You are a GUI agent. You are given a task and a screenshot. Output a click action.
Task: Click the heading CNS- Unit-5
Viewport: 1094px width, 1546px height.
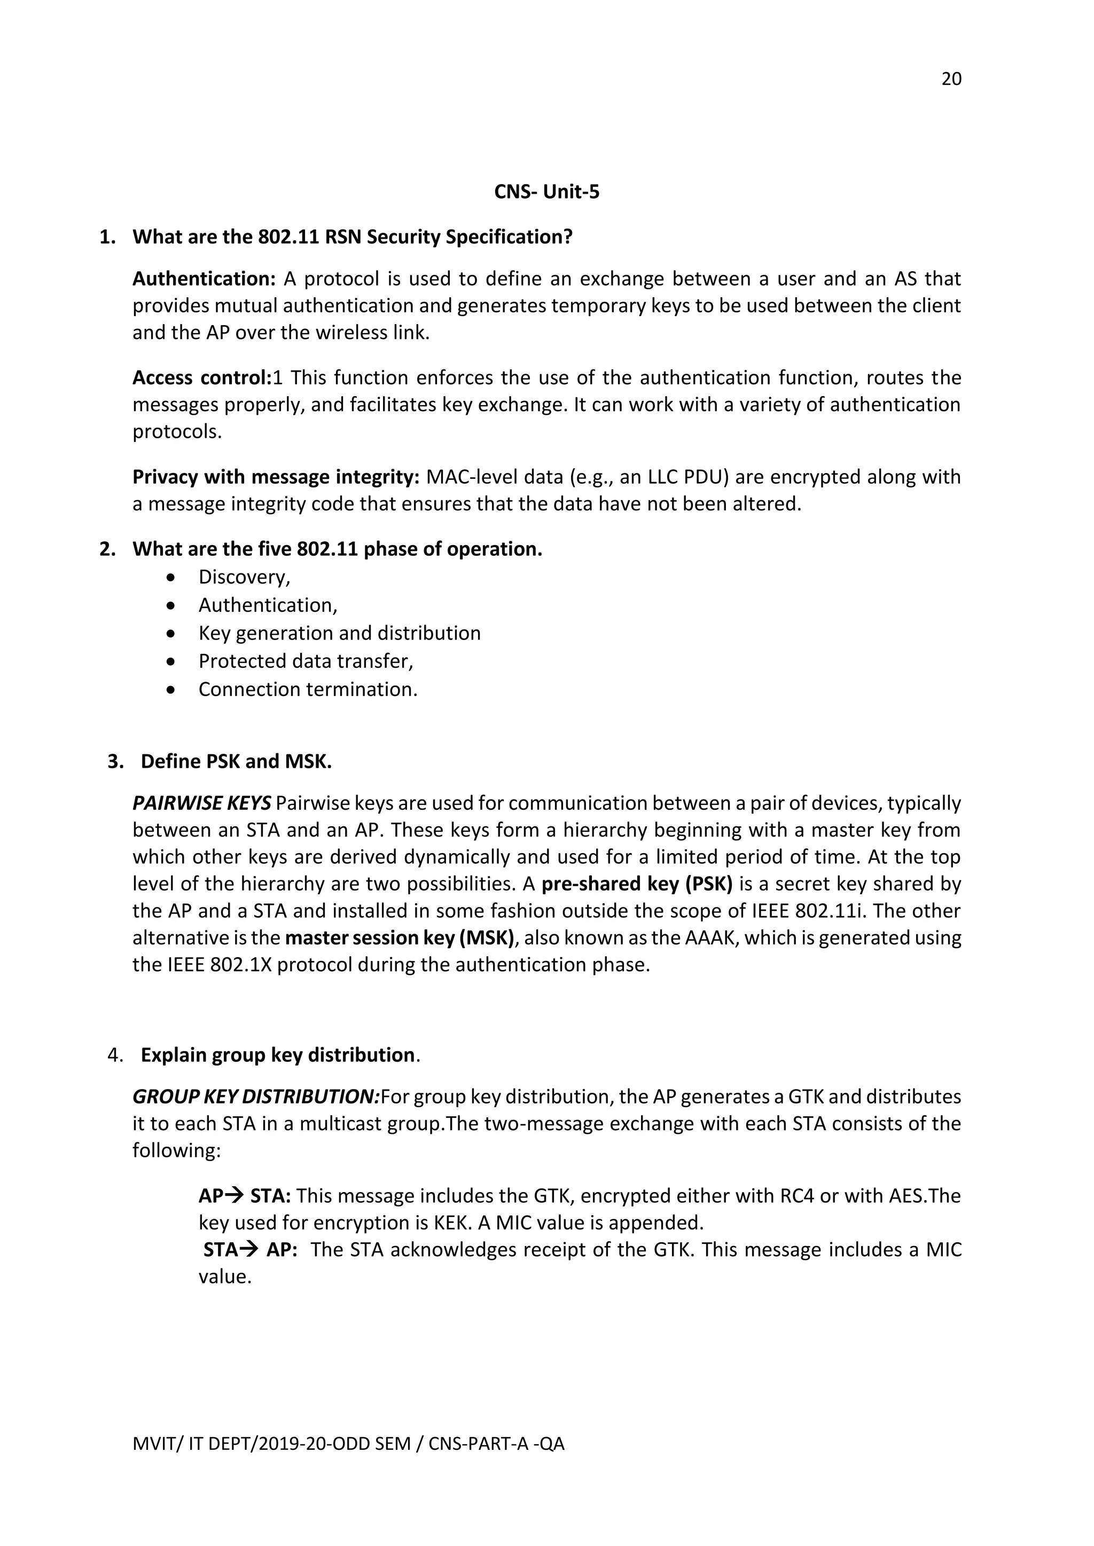click(546, 193)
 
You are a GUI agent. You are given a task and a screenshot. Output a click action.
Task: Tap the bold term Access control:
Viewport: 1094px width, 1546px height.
click(201, 378)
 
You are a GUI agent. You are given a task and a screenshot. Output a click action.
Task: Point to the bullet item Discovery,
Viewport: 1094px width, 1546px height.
click(244, 577)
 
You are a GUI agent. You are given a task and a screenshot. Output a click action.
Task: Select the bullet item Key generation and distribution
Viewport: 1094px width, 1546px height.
click(339, 633)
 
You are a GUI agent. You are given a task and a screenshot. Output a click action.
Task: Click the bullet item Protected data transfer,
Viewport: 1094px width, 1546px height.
click(305, 661)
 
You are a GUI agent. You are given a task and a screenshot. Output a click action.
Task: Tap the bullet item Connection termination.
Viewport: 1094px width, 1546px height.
click(307, 690)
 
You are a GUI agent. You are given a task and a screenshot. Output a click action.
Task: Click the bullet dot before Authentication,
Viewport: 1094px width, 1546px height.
click(173, 606)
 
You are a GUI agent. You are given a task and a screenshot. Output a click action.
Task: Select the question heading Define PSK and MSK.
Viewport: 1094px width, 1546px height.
click(236, 762)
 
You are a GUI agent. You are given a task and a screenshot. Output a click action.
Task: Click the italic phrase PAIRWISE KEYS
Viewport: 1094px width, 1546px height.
click(201, 803)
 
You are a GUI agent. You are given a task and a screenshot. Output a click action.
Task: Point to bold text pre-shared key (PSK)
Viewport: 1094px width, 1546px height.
click(637, 884)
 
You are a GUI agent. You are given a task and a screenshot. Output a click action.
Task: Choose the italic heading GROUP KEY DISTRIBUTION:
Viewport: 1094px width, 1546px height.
click(256, 1097)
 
